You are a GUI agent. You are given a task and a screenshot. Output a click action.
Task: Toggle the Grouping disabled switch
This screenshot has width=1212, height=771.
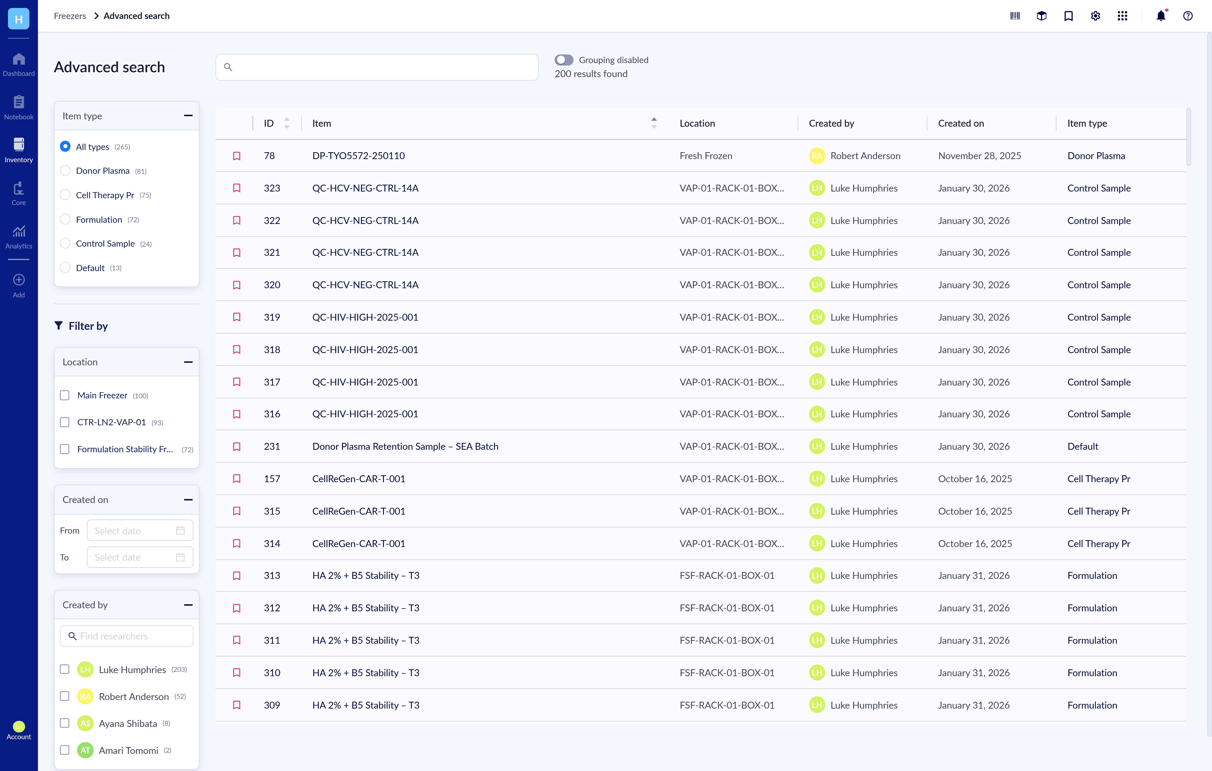564,60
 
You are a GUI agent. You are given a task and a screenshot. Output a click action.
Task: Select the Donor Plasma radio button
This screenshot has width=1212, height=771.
65,171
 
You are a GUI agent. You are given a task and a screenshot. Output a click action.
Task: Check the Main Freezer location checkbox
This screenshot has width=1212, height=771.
64,395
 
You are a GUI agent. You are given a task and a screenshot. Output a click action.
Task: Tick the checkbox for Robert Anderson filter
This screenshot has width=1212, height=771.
64,696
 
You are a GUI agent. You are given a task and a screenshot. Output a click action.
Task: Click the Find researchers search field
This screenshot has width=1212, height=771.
127,636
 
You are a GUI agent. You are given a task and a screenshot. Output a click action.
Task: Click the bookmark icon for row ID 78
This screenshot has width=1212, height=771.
237,156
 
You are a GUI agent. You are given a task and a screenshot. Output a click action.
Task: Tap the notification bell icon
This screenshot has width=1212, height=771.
1161,16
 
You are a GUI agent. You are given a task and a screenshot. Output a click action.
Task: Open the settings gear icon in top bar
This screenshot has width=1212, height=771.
1095,16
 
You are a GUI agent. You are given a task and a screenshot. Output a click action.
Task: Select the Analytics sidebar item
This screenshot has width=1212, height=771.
19,237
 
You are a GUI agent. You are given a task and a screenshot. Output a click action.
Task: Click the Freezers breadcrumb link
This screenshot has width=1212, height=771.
70,16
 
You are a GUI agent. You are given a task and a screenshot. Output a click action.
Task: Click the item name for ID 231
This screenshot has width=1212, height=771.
405,446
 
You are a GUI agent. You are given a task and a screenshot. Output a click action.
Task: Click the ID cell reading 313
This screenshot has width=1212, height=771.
272,575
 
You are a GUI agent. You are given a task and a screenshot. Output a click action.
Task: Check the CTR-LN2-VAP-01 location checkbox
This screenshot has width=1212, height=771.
64,422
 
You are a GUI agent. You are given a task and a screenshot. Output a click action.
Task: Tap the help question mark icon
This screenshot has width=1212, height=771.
1187,16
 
